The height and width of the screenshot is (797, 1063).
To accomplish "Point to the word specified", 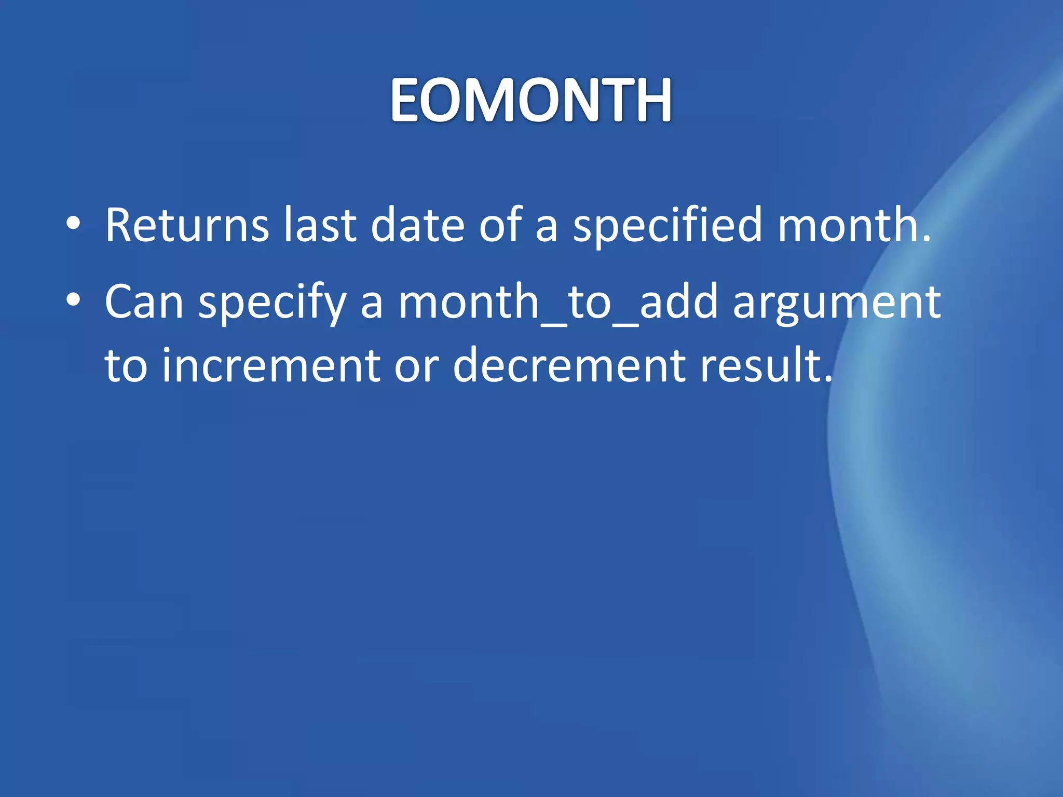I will [x=666, y=226].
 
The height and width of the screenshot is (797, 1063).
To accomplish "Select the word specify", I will [x=272, y=304].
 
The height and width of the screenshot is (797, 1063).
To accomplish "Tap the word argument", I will [x=837, y=304].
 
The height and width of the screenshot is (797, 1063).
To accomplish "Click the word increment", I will [x=271, y=366].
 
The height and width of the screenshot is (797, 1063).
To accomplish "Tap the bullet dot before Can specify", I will [x=73, y=300].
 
